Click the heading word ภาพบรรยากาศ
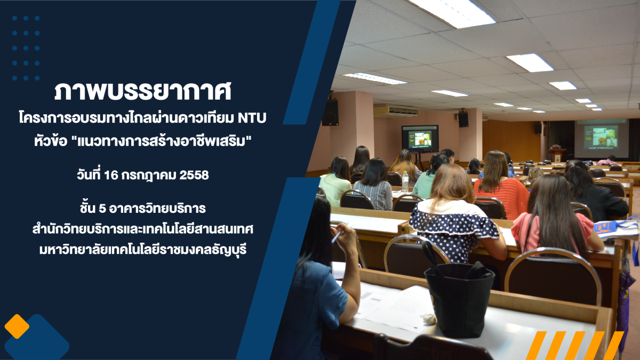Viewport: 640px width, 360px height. (142, 91)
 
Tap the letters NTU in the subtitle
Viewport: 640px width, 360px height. (252, 118)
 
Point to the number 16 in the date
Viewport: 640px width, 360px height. (111, 175)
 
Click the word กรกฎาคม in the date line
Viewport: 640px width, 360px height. (149, 175)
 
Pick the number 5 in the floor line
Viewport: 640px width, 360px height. (102, 209)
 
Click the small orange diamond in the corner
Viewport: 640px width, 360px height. (17, 326)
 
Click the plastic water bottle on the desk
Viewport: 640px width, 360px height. (405, 181)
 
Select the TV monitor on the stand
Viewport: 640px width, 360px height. (420, 139)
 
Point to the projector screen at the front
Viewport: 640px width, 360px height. (602, 139)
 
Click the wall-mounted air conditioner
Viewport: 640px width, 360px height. (396, 111)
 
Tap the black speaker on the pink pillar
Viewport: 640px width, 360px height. (330, 112)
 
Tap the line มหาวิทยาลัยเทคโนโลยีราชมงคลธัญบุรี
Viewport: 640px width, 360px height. (143, 251)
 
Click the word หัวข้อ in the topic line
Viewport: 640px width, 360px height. (51, 141)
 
